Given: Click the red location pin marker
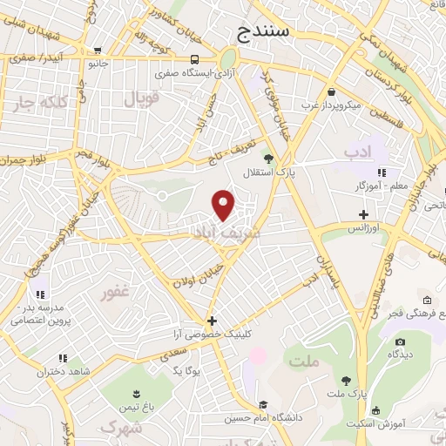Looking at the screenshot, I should pos(225,205).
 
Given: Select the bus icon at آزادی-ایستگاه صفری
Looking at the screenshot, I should pos(195,60).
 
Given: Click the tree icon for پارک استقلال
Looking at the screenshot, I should pos(268,159).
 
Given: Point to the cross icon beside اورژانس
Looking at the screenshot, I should pos(363,213).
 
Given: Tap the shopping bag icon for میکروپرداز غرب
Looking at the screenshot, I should pos(331,91).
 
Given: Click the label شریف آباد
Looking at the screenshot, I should pos(225,233).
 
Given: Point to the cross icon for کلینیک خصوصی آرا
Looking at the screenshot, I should pos(212,321).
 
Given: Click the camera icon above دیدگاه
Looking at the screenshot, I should pos(400,341).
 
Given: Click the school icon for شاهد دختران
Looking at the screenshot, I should pos(63,357).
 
